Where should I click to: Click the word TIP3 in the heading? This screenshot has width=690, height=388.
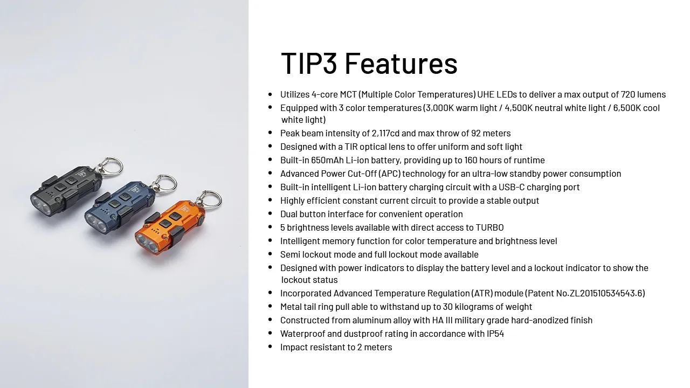pos(309,64)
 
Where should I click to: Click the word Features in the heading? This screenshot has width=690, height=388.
pos(401,64)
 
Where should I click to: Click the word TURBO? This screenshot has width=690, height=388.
pos(490,227)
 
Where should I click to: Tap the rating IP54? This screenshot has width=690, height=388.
pos(495,334)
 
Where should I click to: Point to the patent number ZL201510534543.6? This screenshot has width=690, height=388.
pos(606,293)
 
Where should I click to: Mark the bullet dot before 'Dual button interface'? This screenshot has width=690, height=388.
pos(270,213)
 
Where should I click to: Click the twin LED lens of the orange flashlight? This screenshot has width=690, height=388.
pos(148,243)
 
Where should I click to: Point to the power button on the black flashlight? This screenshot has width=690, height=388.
pos(71,180)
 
